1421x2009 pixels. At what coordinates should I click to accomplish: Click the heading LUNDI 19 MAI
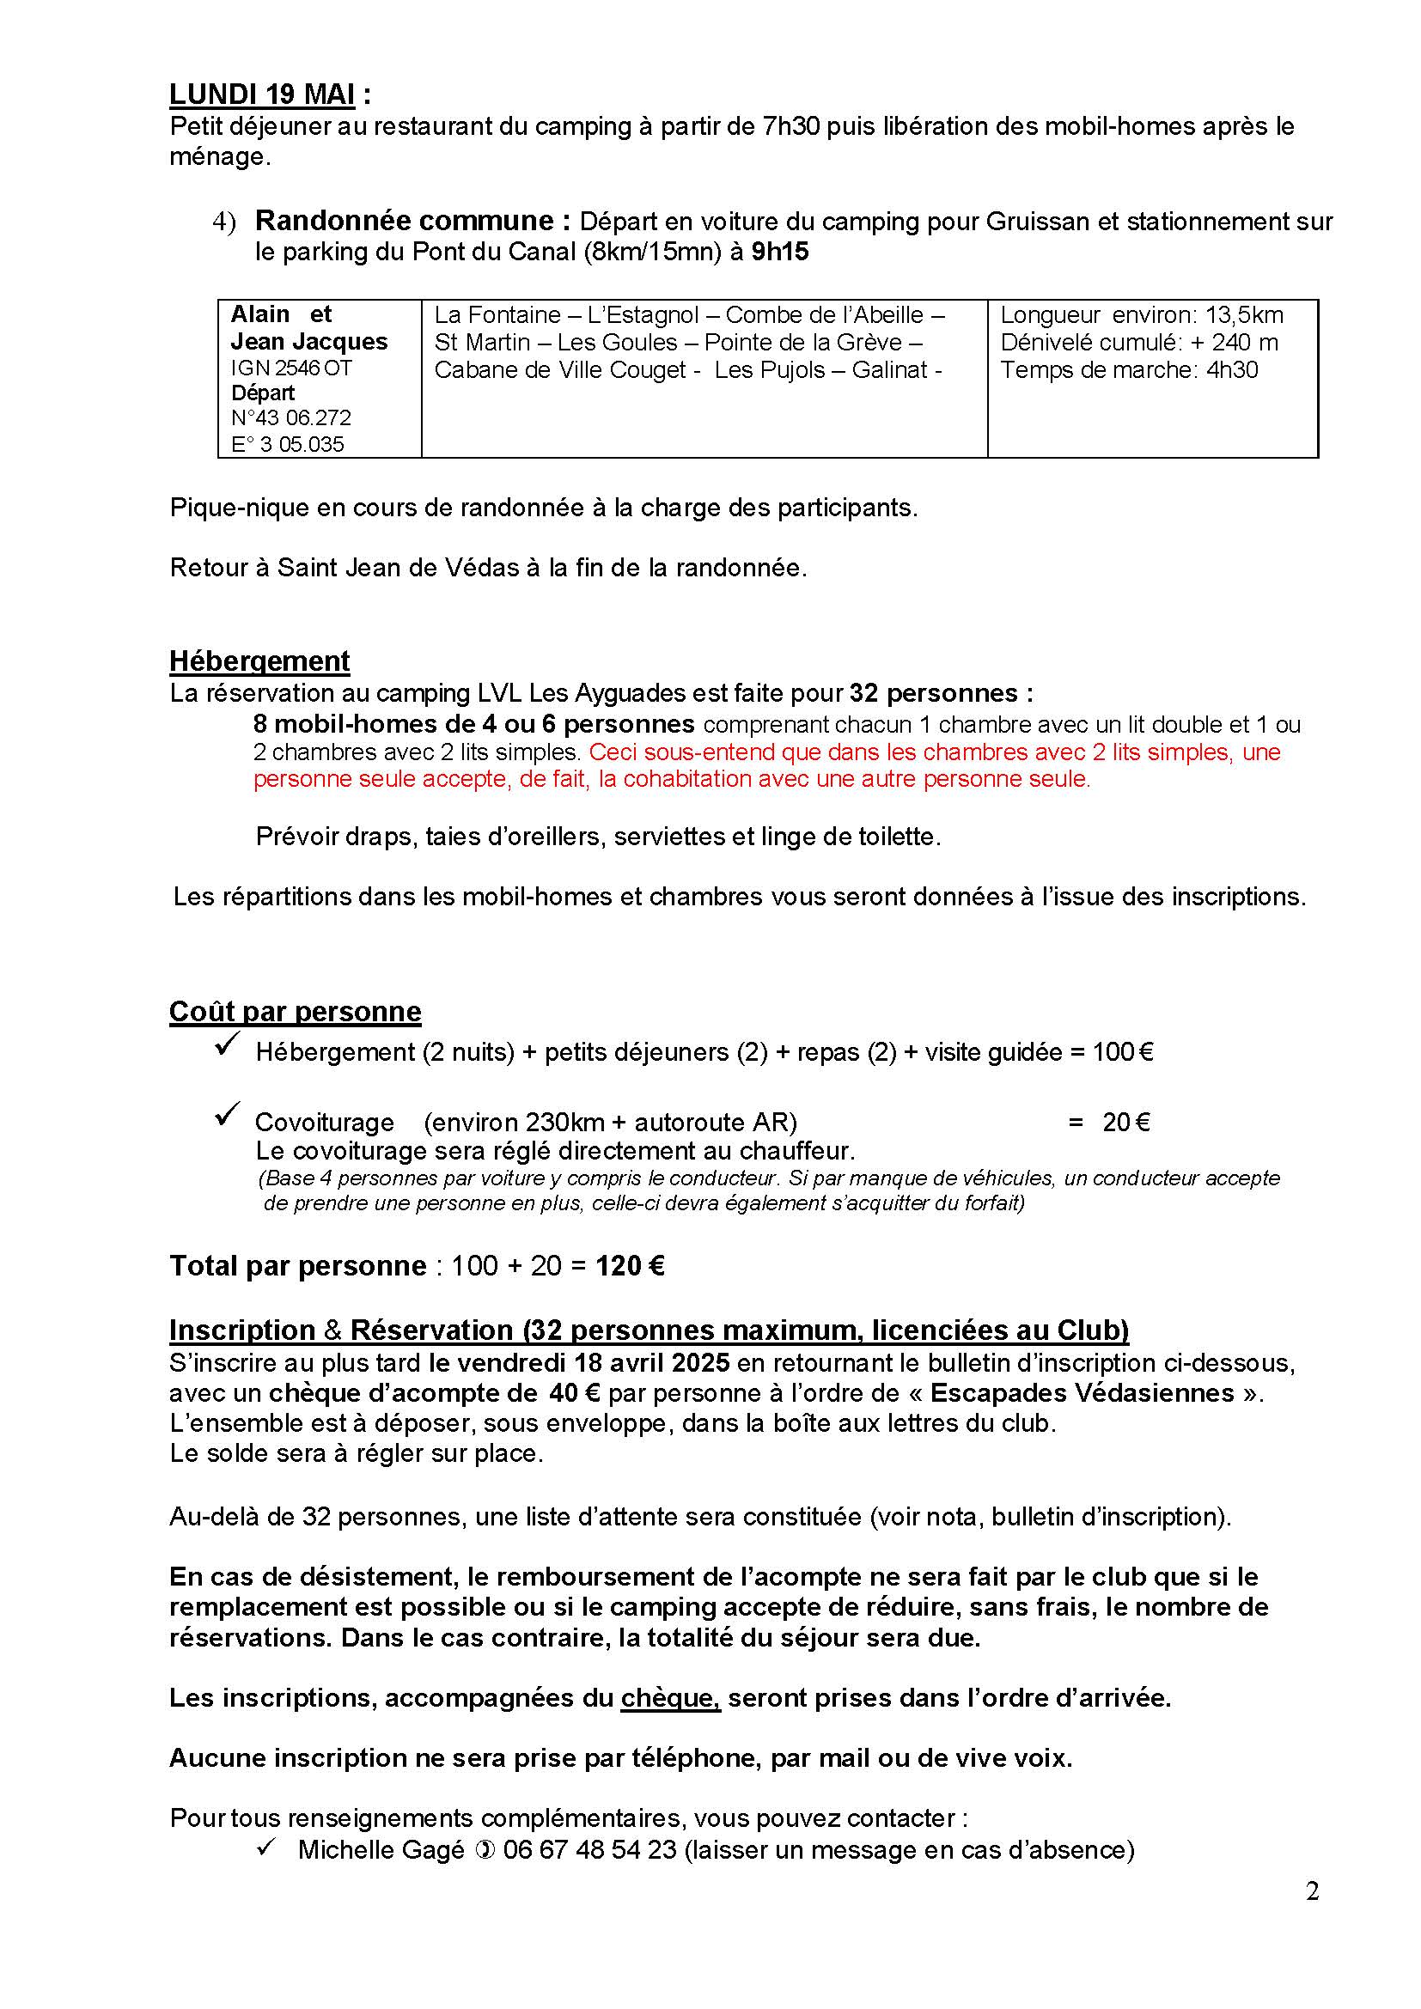(x=263, y=94)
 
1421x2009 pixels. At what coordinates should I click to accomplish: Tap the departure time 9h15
(x=779, y=252)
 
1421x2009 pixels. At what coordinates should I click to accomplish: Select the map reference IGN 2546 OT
(x=291, y=368)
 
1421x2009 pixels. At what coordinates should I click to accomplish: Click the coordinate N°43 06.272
(x=291, y=418)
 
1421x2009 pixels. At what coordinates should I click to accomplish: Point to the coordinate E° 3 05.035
(x=288, y=445)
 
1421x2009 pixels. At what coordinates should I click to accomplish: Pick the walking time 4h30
(x=1232, y=370)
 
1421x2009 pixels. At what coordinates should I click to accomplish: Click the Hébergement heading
(x=259, y=661)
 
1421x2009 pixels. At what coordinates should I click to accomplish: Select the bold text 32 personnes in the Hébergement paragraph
(x=934, y=693)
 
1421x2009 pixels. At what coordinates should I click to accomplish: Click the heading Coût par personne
(x=295, y=1012)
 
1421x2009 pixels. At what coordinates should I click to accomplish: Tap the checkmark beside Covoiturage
(x=228, y=1115)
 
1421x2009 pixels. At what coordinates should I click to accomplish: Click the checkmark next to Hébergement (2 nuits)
(x=228, y=1044)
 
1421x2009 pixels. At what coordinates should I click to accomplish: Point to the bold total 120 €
(x=630, y=1266)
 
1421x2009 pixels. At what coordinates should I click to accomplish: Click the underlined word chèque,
(x=670, y=1698)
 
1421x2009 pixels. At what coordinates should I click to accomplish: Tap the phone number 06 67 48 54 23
(x=589, y=1850)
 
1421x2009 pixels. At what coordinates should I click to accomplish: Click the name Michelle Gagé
(x=381, y=1850)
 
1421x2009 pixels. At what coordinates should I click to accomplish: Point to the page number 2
(x=1312, y=1891)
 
